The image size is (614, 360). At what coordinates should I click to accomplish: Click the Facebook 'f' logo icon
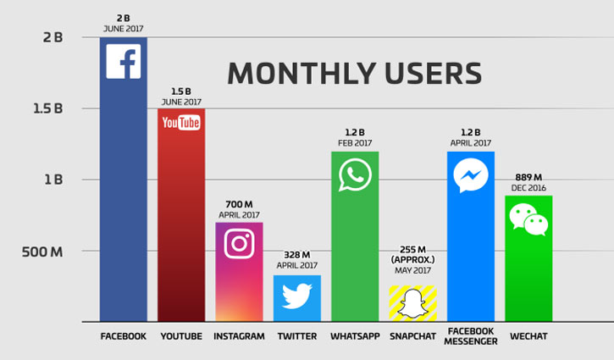tap(124, 62)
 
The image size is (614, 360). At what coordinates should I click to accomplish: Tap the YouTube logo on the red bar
tap(181, 124)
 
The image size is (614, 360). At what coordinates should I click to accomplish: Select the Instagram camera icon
tap(239, 244)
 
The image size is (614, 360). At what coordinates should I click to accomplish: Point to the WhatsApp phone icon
tap(355, 175)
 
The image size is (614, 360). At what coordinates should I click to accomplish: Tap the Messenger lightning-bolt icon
tap(470, 175)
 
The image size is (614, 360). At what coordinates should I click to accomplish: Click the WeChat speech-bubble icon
tap(528, 219)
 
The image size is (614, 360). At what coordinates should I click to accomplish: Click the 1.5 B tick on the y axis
tap(47, 108)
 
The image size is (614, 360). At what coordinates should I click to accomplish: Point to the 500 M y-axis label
tap(44, 252)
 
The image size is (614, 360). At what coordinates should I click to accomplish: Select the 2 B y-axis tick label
tap(52, 37)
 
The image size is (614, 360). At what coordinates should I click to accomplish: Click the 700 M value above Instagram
tap(239, 205)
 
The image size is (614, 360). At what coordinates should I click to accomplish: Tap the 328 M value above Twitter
tap(297, 255)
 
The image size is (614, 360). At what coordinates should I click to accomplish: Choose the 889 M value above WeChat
tap(528, 176)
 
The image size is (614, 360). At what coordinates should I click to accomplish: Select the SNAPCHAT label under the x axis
tap(413, 337)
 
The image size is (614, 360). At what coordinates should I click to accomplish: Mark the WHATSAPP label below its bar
tap(355, 337)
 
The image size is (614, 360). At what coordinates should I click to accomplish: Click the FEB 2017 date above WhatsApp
tap(355, 143)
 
